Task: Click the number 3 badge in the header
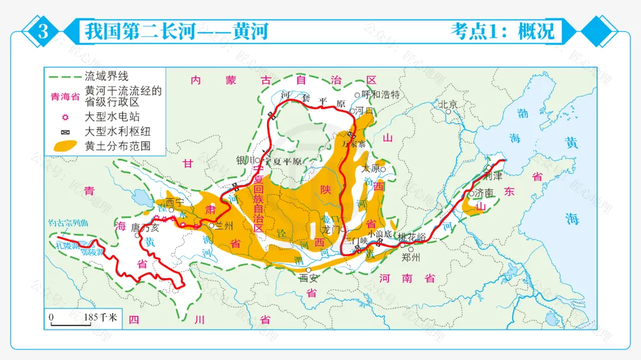click(x=43, y=31)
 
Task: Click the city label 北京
click(x=448, y=104)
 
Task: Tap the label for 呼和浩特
click(x=381, y=94)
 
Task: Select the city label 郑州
click(x=410, y=257)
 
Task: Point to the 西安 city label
click(x=308, y=278)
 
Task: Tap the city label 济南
click(x=483, y=193)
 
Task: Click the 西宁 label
click(x=174, y=202)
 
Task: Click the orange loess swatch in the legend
click(x=65, y=145)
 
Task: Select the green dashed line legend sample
click(x=64, y=77)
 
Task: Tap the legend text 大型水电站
click(x=112, y=117)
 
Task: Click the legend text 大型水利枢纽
click(x=118, y=131)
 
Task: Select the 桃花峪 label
click(x=412, y=236)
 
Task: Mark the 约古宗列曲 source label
click(x=68, y=224)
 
